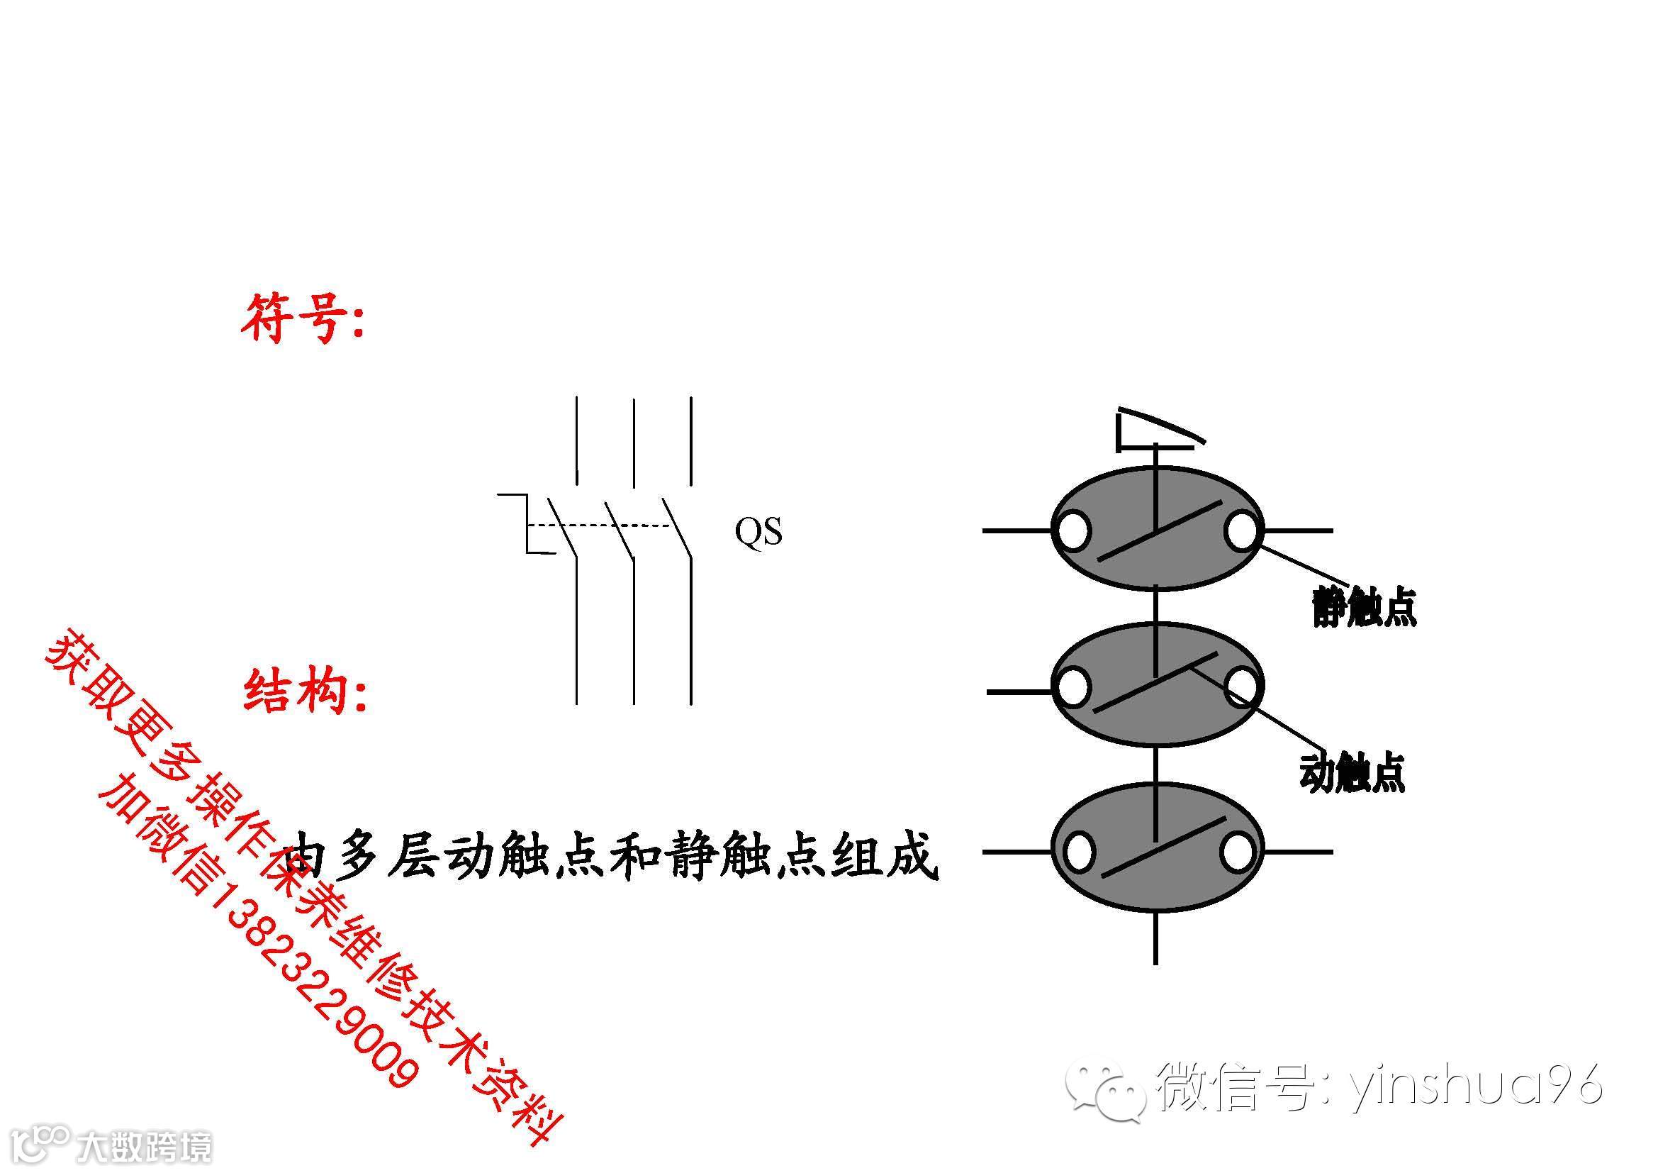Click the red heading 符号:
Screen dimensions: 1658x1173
point(303,318)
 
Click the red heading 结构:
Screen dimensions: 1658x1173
point(305,691)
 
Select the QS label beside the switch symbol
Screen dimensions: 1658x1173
point(758,533)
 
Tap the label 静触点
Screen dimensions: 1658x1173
point(1364,607)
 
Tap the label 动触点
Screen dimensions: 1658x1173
point(1352,774)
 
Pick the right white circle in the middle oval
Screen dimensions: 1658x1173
point(1240,686)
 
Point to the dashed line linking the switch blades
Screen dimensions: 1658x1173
point(600,525)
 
